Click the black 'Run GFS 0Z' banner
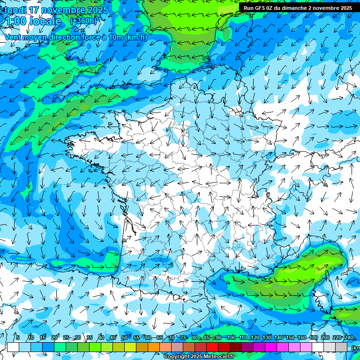[298, 8]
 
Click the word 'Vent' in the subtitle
[13, 37]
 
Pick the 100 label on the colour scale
[231, 338]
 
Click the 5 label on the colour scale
[18, 338]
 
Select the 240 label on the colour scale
[348, 338]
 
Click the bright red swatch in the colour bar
[212, 347]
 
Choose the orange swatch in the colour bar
[154, 347]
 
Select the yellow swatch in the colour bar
[130, 347]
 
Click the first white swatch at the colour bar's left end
[13, 347]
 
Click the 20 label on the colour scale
[54, 338]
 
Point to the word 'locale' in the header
[45, 21]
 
